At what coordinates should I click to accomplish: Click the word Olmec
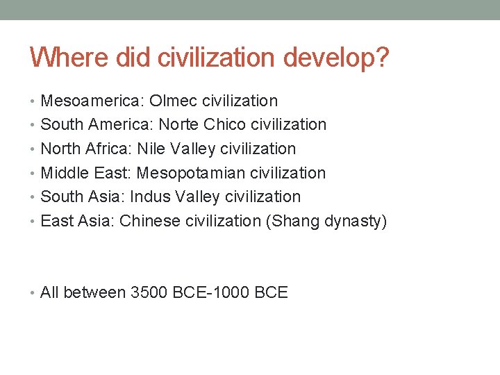(x=173, y=101)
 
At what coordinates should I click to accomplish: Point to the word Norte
(x=179, y=125)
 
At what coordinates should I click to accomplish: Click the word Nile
(x=151, y=149)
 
